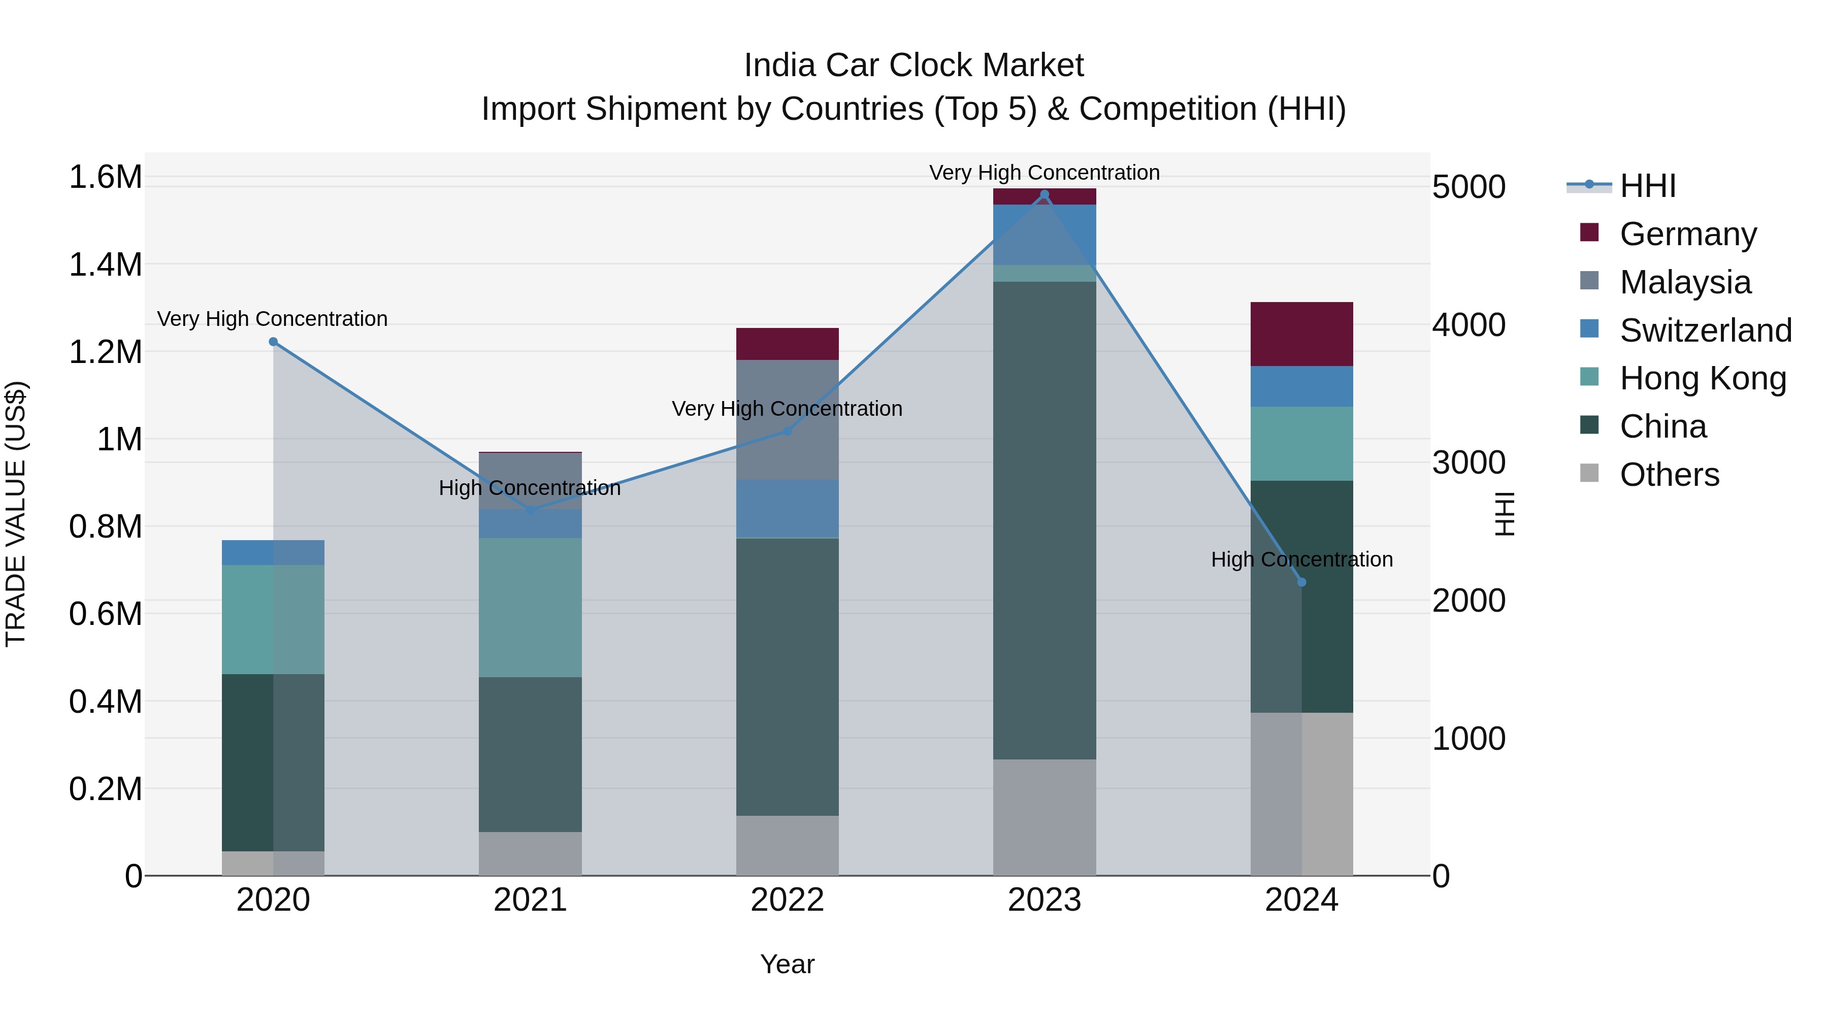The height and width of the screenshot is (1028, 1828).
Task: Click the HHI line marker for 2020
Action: coord(273,342)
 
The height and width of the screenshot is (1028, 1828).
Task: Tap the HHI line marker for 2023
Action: coord(1044,194)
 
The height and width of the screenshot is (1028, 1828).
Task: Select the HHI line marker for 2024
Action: coord(1301,582)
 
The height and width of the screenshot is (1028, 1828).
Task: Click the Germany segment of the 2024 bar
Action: coord(1301,334)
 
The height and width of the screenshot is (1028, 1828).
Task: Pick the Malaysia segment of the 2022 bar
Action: coord(787,420)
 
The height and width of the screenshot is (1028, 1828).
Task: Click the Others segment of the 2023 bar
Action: coord(1044,817)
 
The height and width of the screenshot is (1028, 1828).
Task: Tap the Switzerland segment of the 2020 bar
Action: coord(273,553)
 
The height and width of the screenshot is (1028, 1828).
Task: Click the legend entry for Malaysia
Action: coord(1685,282)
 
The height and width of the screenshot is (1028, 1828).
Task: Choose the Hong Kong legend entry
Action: coord(1703,378)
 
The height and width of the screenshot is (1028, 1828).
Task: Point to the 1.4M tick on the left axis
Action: coord(105,264)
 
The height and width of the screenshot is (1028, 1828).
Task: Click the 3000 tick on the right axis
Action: coord(1468,462)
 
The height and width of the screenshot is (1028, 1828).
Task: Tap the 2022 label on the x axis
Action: coord(787,900)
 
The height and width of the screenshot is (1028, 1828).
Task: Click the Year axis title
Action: coord(787,964)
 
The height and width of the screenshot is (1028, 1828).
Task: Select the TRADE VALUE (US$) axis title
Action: coord(16,514)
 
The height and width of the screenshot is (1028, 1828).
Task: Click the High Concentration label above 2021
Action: coord(530,488)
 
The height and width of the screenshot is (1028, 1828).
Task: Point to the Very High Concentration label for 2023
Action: coord(1044,173)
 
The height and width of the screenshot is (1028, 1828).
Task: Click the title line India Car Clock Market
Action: coord(913,65)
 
